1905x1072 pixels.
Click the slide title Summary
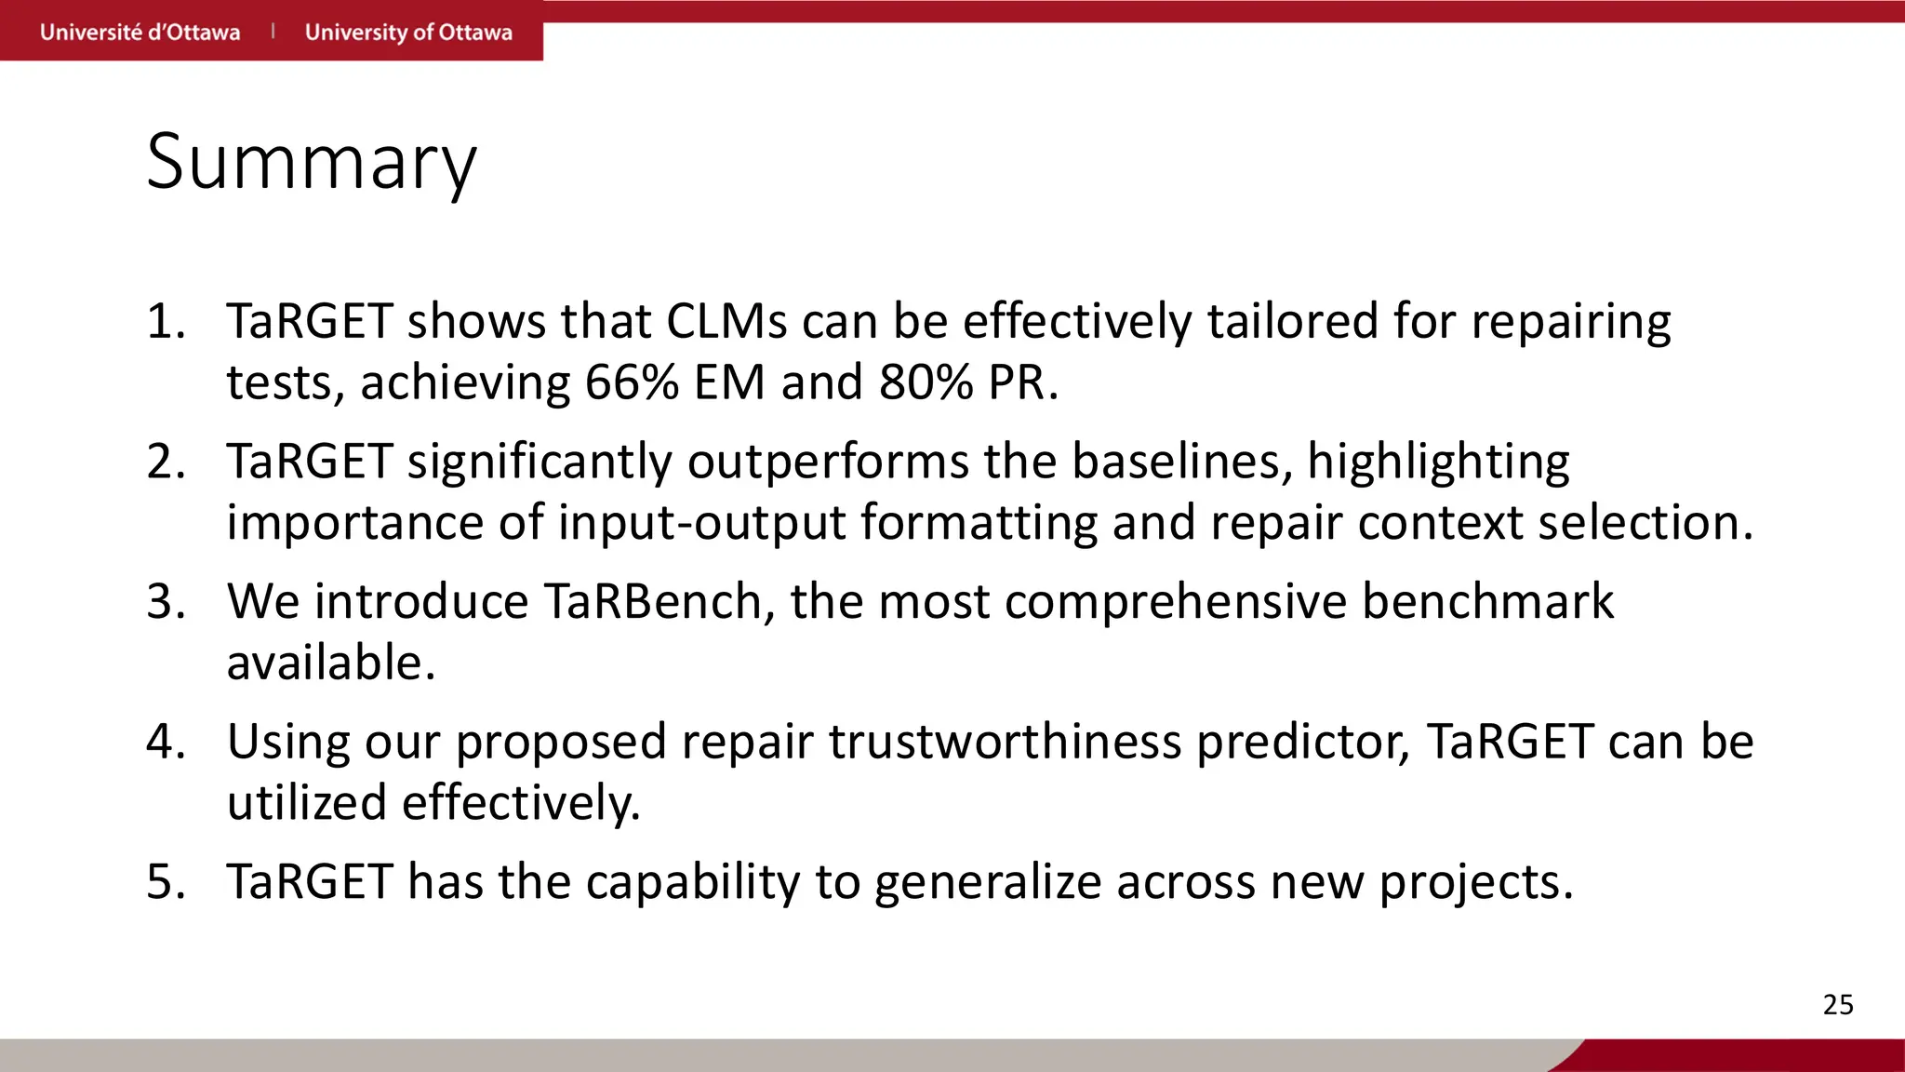[312, 163]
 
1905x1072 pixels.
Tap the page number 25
[1837, 1005]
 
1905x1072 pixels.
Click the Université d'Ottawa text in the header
[140, 33]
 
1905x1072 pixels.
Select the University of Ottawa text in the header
[408, 33]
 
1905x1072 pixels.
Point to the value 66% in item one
[632, 382]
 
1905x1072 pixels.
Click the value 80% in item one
[926, 382]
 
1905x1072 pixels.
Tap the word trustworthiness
[1005, 743]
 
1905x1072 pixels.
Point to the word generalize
[988, 882]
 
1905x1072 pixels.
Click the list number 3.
[166, 602]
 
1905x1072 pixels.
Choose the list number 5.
[166, 882]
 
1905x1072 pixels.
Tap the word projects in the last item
[1475, 882]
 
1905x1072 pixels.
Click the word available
[331, 663]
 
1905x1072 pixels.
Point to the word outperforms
[828, 462]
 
